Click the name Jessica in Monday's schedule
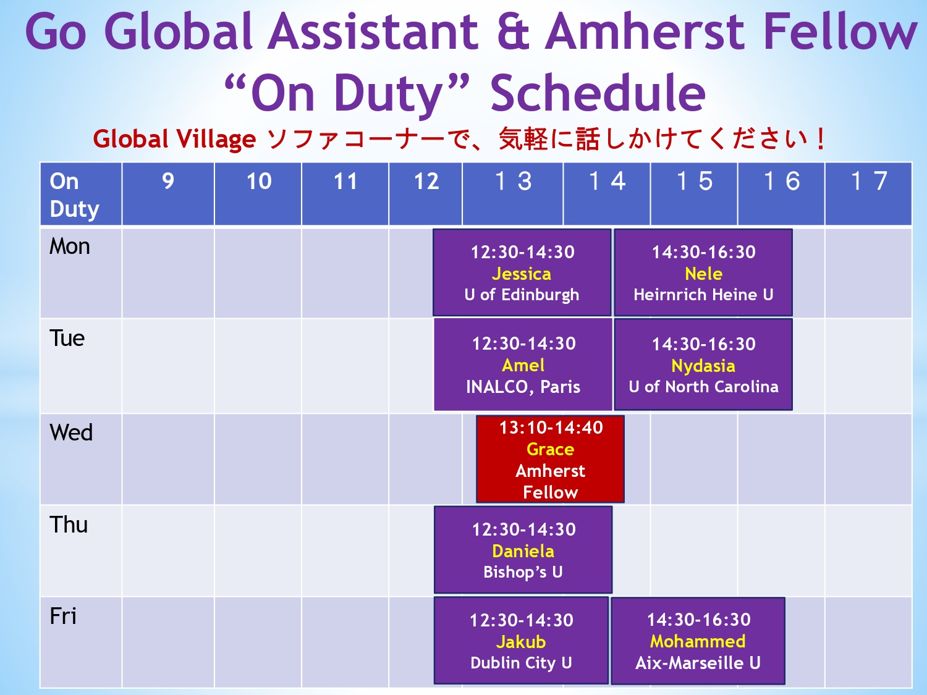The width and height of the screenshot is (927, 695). pos(522,274)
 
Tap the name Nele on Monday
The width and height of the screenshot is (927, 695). pos(703,274)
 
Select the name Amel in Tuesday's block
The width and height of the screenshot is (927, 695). pos(523,366)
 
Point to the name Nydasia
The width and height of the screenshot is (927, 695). pos(703,366)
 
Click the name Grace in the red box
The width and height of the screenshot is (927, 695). pos(550,449)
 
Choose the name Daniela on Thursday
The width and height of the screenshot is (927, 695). pos(523,551)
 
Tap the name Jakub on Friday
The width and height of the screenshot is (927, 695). pos(521,642)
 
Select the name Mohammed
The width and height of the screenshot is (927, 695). pos(698,641)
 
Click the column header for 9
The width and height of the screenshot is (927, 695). pos(168,182)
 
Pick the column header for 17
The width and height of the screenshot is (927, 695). pos(869,181)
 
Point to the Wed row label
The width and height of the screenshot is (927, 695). pos(71,432)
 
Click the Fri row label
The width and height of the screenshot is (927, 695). pos(64,616)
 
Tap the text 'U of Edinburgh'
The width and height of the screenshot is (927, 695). pos(522,295)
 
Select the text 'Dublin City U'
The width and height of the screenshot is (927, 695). pos(521,663)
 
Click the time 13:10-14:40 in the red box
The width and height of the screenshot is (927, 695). pos(551,428)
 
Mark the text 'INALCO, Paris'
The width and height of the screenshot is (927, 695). pos(523,387)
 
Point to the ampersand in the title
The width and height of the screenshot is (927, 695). pos(514,32)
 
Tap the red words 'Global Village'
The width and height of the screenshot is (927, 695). pos(174,139)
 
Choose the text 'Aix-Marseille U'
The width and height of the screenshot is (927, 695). pos(698,663)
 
